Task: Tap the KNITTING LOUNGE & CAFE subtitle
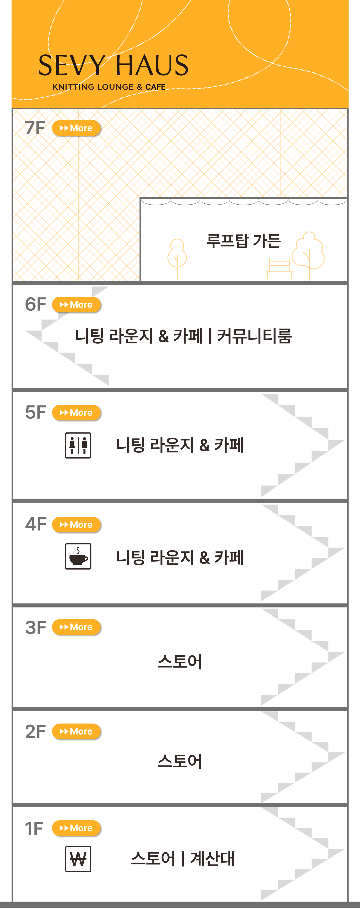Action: tap(109, 87)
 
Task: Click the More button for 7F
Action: tap(76, 128)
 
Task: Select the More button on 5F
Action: tap(76, 412)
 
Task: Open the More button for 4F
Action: tap(76, 525)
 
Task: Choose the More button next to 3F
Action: tap(76, 627)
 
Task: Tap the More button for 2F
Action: tap(76, 731)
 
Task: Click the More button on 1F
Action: tap(76, 828)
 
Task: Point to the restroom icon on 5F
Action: tap(78, 445)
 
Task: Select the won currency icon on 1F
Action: tap(78, 859)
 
